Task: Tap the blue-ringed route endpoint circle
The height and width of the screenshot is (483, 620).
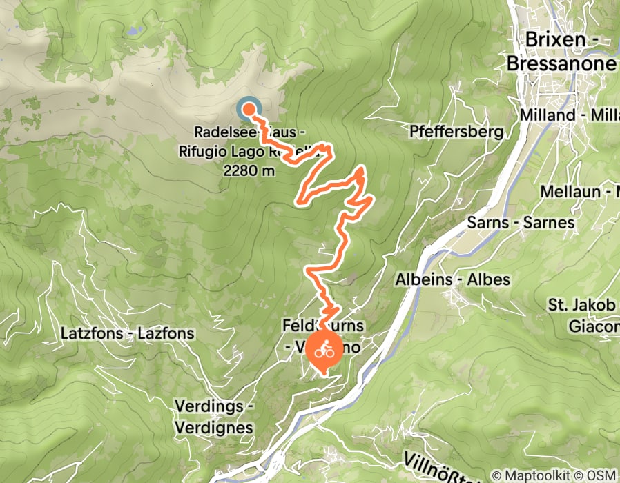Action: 249,109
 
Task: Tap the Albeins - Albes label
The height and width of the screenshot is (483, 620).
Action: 452,280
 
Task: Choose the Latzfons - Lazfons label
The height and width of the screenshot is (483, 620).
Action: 127,333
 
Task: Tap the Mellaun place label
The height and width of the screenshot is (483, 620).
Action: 580,191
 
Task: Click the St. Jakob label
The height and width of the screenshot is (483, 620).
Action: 583,304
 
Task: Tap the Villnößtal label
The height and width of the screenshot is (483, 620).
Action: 442,463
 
